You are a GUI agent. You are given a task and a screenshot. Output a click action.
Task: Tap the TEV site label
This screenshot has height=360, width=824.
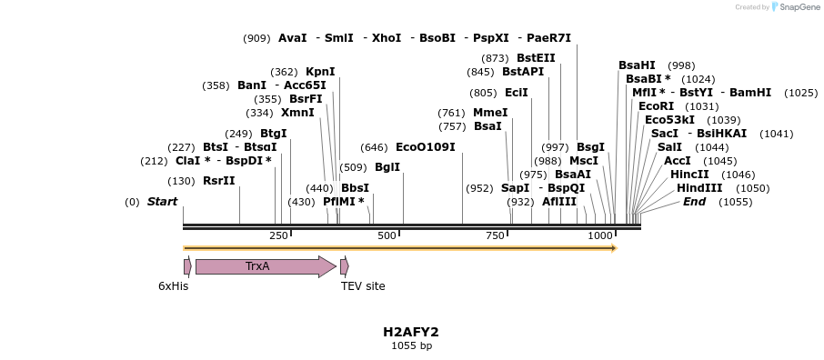(x=363, y=286)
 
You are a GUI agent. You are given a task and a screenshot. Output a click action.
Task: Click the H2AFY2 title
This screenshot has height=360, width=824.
(x=411, y=332)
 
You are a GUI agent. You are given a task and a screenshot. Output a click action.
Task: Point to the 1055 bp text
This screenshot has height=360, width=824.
(x=411, y=345)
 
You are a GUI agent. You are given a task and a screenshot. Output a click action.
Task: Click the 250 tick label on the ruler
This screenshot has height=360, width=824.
(x=278, y=236)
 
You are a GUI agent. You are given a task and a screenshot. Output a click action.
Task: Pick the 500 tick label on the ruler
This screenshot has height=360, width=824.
(x=387, y=236)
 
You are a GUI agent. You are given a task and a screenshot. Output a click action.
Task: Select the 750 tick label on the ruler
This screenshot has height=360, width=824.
(x=495, y=236)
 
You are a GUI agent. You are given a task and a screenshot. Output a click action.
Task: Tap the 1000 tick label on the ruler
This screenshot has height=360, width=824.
(x=600, y=236)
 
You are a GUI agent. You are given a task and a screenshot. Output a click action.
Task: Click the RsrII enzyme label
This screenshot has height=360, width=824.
(x=218, y=181)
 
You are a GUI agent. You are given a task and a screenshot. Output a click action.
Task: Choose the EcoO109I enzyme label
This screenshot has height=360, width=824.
(x=425, y=147)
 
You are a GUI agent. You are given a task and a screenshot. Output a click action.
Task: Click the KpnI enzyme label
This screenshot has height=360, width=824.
(x=320, y=72)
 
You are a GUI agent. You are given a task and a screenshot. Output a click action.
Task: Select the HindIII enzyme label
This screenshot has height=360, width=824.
(x=699, y=188)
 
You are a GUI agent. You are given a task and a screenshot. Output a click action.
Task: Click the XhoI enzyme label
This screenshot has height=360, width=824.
(x=387, y=38)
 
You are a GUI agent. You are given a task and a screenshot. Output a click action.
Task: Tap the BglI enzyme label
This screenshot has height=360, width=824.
(x=387, y=167)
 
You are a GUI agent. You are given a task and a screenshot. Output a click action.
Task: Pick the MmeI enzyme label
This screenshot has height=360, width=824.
(x=490, y=113)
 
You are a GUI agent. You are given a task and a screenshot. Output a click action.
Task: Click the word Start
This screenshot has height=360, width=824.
(x=162, y=202)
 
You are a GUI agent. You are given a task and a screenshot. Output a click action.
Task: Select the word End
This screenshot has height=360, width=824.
(x=694, y=202)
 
